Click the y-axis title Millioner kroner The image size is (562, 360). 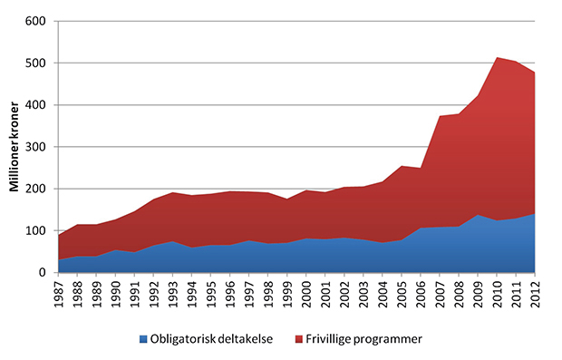click(15, 147)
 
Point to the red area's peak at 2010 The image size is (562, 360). click(498, 58)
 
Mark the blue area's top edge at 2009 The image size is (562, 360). click(479, 215)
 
